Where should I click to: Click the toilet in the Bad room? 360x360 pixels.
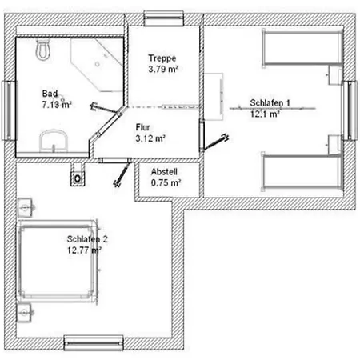(x=43, y=50)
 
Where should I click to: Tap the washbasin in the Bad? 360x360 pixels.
(x=54, y=141)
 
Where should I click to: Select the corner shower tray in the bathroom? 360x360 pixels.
(x=97, y=65)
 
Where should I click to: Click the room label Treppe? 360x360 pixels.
(x=162, y=58)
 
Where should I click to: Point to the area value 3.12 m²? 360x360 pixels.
(x=150, y=138)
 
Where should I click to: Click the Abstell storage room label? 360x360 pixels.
(x=164, y=171)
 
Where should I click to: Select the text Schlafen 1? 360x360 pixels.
(x=270, y=102)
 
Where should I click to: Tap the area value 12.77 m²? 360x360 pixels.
(x=84, y=250)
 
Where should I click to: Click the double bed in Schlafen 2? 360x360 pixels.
(x=57, y=261)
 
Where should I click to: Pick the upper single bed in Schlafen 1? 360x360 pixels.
(x=302, y=48)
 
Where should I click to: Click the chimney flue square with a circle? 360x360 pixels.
(x=78, y=178)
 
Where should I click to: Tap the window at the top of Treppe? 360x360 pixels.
(x=164, y=18)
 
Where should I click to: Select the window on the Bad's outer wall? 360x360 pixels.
(x=9, y=110)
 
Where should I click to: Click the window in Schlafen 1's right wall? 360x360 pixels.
(x=350, y=110)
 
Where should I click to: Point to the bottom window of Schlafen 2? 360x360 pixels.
(x=94, y=342)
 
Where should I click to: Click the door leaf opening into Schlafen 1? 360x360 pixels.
(x=215, y=142)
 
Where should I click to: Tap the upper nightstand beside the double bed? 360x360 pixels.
(x=26, y=207)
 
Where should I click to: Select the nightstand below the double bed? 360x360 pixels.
(x=25, y=312)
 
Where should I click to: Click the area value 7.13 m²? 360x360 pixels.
(x=57, y=104)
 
